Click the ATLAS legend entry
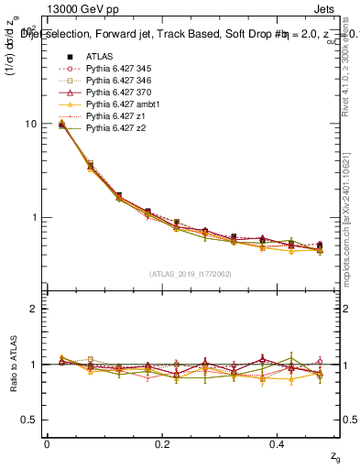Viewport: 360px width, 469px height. click(x=99, y=56)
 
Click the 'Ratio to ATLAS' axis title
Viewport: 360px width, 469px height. click(x=13, y=364)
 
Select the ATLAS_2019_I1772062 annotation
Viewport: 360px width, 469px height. click(x=189, y=273)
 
